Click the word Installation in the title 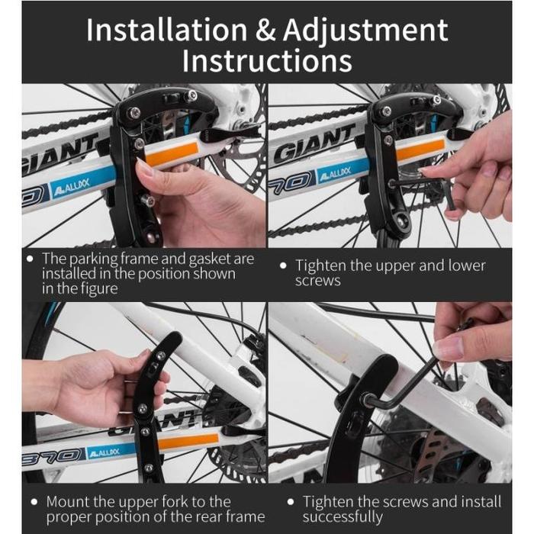pos(166,30)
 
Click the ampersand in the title pos(265,30)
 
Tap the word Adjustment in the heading pos(365,31)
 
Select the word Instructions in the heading pos(267,60)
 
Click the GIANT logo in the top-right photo pos(314,143)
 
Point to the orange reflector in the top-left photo pos(172,153)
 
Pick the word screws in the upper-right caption pos(318,281)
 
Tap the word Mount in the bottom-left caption pos(67,502)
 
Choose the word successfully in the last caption pos(343,517)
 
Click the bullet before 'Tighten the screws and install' pos(290,502)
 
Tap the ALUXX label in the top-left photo pos(70,185)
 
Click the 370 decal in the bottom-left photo pos(52,455)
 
